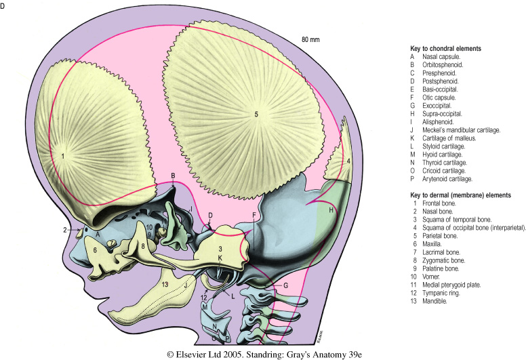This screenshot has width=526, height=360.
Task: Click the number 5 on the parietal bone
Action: tap(256, 115)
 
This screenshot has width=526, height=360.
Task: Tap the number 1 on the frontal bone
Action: tap(62, 155)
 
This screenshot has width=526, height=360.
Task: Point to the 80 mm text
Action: tap(310, 39)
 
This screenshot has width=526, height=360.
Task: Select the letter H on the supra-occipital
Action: tap(331, 210)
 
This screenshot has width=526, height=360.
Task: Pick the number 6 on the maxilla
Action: tap(96, 249)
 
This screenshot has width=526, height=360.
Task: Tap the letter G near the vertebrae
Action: tap(285, 286)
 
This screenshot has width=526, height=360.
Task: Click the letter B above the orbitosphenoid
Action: tap(174, 176)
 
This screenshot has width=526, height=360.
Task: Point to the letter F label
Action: tap(254, 215)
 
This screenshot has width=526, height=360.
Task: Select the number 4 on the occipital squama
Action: tap(348, 161)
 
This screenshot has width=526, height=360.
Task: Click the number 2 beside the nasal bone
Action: tap(66, 231)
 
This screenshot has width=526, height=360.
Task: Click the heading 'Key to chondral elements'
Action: tap(445, 49)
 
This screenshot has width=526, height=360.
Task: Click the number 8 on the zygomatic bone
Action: tap(144, 245)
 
